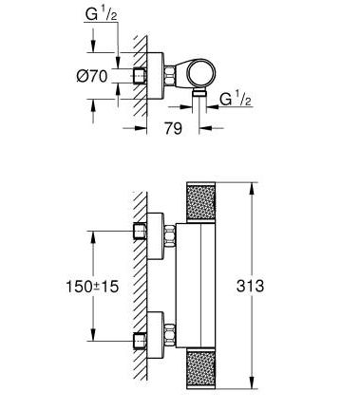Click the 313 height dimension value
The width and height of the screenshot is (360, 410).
click(x=250, y=286)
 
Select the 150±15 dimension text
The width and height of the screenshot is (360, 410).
click(x=92, y=287)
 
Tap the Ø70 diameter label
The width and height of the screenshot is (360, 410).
click(x=92, y=76)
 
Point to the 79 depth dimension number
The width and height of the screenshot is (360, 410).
click(x=173, y=128)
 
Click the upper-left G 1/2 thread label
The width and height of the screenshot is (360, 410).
click(x=101, y=14)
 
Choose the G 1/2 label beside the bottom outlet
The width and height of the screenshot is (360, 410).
click(x=236, y=99)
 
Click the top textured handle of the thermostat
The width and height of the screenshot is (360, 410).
click(x=201, y=202)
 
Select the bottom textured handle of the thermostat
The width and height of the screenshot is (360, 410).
click(x=201, y=368)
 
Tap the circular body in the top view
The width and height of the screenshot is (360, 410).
click(x=201, y=73)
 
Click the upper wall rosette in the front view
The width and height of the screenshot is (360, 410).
click(x=156, y=236)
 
